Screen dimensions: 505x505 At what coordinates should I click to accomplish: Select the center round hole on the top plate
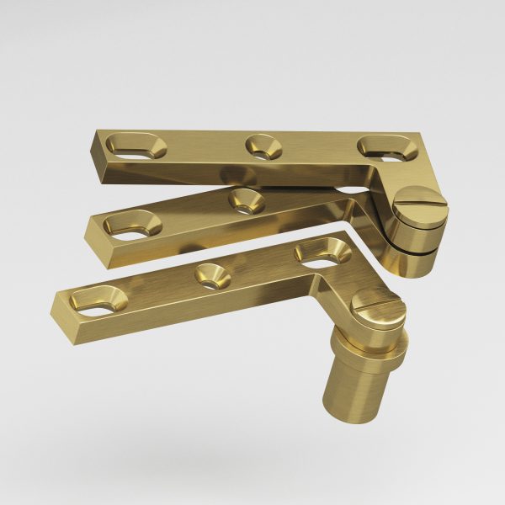pyautogui.click(x=263, y=145)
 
